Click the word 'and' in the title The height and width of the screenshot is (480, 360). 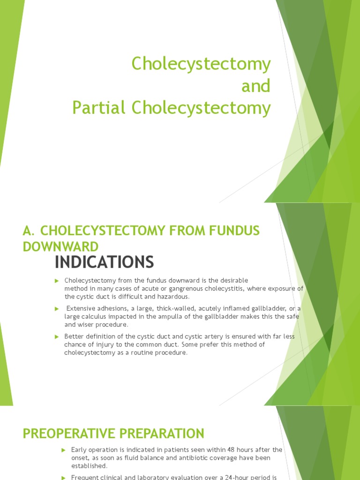(256, 86)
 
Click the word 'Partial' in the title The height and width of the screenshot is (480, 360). (99, 108)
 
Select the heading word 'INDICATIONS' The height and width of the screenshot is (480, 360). (104, 262)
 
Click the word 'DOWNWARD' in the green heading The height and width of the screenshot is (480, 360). (61, 247)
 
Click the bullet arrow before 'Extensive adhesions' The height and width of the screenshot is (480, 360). (57, 308)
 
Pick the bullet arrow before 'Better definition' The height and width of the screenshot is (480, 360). (57, 337)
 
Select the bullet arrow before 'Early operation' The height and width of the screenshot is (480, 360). (63, 450)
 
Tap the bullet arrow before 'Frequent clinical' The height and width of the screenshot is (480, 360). (63, 477)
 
